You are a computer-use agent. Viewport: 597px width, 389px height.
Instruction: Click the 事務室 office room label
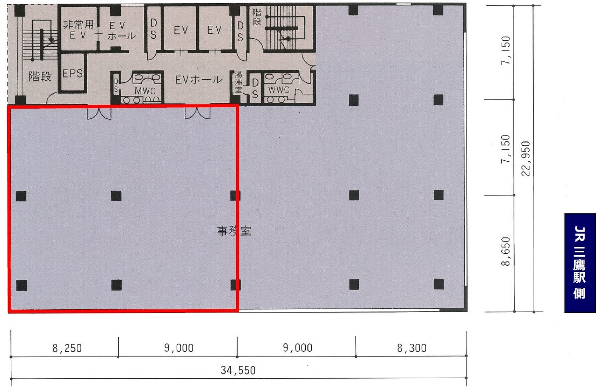pyautogui.click(x=234, y=231)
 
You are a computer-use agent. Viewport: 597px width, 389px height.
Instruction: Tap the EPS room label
pyautogui.click(x=72, y=73)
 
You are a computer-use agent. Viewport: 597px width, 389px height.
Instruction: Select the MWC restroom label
pyautogui.click(x=145, y=91)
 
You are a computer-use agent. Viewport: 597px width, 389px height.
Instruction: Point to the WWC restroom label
pyautogui.click(x=279, y=90)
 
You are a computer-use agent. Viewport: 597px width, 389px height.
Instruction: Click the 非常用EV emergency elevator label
pyautogui.click(x=78, y=30)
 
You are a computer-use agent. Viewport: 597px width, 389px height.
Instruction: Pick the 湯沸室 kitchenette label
pyautogui.click(x=239, y=82)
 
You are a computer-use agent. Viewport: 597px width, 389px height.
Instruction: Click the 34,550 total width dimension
pyautogui.click(x=238, y=370)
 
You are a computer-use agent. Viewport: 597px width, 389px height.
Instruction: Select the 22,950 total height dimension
pyautogui.click(x=526, y=158)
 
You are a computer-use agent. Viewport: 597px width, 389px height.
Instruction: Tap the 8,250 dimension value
pyautogui.click(x=67, y=348)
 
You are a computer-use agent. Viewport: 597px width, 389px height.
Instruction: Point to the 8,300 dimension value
pyautogui.click(x=412, y=348)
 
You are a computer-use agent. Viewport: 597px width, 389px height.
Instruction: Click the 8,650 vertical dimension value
pyautogui.click(x=505, y=251)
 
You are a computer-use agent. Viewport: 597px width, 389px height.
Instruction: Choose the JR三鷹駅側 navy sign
pyautogui.click(x=580, y=263)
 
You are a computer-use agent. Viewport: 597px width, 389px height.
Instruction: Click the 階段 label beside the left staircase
pyautogui.click(x=40, y=76)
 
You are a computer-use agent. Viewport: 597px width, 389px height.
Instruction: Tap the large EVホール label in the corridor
pyautogui.click(x=198, y=80)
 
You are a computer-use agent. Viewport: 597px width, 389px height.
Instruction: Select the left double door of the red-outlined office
pyautogui.click(x=99, y=113)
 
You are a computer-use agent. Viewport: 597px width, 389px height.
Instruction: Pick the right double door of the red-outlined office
pyautogui.click(x=197, y=113)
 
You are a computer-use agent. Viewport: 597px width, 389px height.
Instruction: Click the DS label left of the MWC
pyautogui.click(x=116, y=85)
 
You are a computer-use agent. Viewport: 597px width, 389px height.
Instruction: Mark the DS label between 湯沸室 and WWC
pyautogui.click(x=255, y=88)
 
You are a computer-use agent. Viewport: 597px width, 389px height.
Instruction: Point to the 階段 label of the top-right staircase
pyautogui.click(x=257, y=17)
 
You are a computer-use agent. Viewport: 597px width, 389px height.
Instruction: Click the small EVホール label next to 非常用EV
pyautogui.click(x=121, y=31)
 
